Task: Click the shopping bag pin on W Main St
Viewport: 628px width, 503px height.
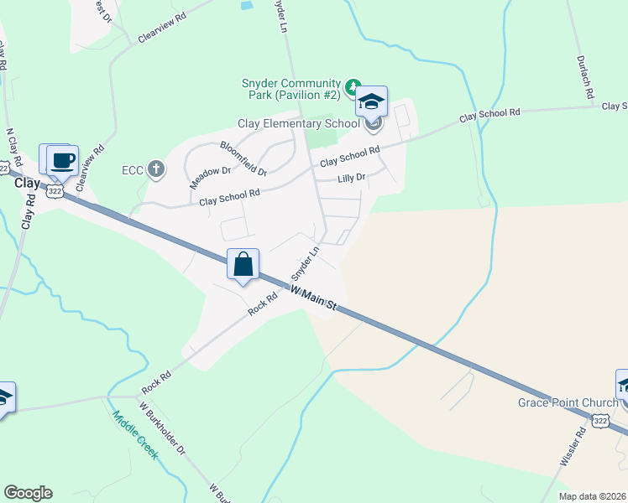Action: [x=243, y=265]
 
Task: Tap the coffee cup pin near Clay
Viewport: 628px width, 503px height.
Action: [x=62, y=159]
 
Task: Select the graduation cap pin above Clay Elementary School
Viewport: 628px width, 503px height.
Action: [x=370, y=102]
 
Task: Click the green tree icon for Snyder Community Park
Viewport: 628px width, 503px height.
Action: [x=353, y=86]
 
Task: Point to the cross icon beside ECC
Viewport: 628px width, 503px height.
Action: [x=155, y=170]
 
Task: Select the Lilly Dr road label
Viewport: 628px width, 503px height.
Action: [x=352, y=178]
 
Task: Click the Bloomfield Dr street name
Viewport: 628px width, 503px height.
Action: [x=243, y=158]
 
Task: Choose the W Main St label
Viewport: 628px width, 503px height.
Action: [x=313, y=298]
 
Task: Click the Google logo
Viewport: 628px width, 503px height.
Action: [x=28, y=493]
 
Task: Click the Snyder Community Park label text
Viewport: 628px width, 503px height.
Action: [x=290, y=90]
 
